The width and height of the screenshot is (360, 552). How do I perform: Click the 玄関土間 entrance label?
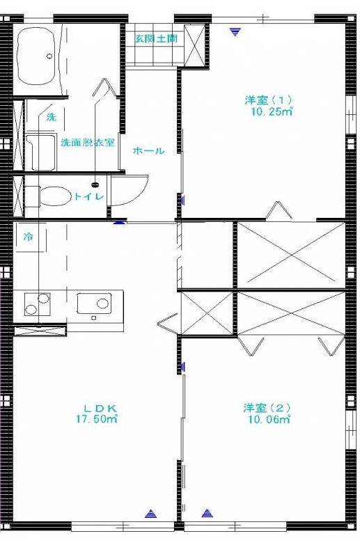pyautogui.click(x=156, y=39)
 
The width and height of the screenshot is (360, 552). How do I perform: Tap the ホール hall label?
pyautogui.click(x=148, y=151)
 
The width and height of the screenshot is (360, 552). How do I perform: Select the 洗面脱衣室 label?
pyautogui.click(x=88, y=143)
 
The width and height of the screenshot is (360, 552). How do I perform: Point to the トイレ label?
pyautogui.click(x=88, y=196)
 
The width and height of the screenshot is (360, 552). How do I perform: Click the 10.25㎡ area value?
pyautogui.click(x=272, y=111)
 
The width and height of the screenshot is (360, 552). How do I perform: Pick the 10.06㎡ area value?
pyautogui.click(x=269, y=419)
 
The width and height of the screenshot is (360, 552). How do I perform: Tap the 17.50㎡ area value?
pyautogui.click(x=97, y=419)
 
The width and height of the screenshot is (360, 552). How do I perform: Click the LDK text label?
pyautogui.click(x=100, y=409)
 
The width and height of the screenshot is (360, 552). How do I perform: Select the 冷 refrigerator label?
pyautogui.click(x=28, y=237)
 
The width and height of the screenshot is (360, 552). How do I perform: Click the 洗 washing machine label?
pyautogui.click(x=52, y=117)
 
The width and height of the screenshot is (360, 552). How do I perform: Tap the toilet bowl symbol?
pyautogui.click(x=54, y=196)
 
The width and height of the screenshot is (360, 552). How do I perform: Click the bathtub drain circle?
pyautogui.click(x=49, y=56)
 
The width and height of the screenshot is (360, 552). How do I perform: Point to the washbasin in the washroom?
pyautogui.click(x=41, y=152)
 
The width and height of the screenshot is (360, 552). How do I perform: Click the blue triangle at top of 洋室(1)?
pyautogui.click(x=234, y=33)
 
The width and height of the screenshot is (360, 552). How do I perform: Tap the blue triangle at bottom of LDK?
pyautogui.click(x=150, y=514)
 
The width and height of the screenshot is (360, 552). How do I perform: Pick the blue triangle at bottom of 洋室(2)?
pyautogui.click(x=208, y=513)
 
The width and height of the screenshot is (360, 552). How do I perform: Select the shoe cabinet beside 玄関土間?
pyautogui.click(x=194, y=45)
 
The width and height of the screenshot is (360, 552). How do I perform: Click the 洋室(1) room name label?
pyautogui.click(x=268, y=100)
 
